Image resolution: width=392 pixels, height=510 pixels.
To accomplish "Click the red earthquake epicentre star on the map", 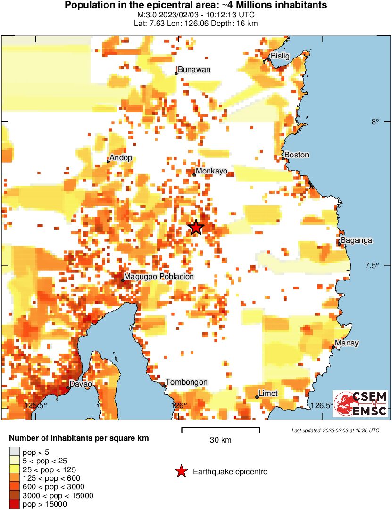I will pyautogui.click(x=196, y=228).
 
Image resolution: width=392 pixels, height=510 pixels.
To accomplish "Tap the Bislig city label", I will pyautogui.click(x=280, y=56).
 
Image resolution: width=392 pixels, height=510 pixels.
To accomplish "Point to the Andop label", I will pyautogui.click(x=121, y=158).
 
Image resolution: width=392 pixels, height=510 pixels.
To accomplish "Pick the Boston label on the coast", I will pyautogui.click(x=297, y=155).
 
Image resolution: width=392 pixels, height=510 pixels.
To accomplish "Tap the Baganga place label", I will pyautogui.click(x=356, y=240).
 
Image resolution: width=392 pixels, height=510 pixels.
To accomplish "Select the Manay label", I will pyautogui.click(x=347, y=343).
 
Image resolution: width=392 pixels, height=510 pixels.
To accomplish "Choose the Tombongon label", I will pyautogui.click(x=186, y=382).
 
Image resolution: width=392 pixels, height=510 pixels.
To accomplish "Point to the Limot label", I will pyautogui.click(x=268, y=394).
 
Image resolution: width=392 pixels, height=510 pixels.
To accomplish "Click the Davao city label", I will pyautogui.click(x=81, y=384).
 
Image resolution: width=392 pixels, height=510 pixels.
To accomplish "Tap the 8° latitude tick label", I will pyautogui.click(x=375, y=122).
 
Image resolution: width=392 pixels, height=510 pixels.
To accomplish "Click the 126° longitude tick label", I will pyautogui.click(x=179, y=405).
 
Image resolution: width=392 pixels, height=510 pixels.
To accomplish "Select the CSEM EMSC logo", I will pyautogui.click(x=361, y=403).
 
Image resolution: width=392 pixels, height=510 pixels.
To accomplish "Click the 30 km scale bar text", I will pyautogui.click(x=220, y=440).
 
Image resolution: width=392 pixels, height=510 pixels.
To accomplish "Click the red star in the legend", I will pyautogui.click(x=181, y=471).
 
